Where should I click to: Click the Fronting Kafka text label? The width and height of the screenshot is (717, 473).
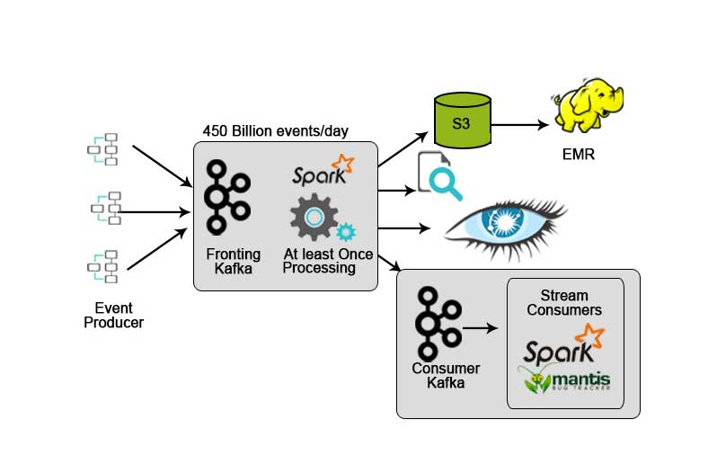pyautogui.click(x=233, y=262)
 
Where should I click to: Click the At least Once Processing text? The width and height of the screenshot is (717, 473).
pyautogui.click(x=327, y=262)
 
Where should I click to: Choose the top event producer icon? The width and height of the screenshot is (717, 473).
pyautogui.click(x=103, y=149)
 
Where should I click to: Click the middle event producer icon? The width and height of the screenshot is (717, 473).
pyautogui.click(x=105, y=208)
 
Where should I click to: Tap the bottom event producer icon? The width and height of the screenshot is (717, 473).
pyautogui.click(x=103, y=267)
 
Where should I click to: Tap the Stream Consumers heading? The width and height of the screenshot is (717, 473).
pyautogui.click(x=565, y=303)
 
